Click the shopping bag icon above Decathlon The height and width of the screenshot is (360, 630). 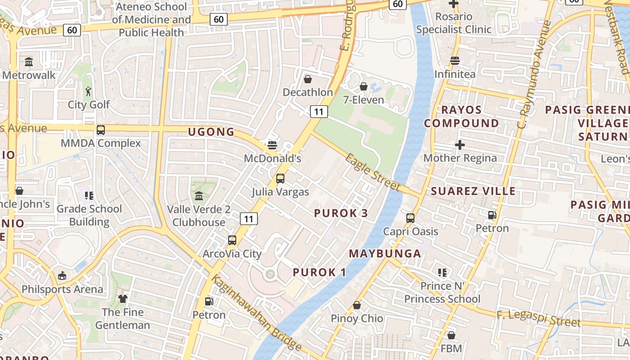coord(308,79)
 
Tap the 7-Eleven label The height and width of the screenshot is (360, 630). coord(364,99)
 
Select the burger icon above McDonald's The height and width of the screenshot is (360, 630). coord(272,145)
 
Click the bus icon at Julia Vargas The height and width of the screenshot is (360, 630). coord(280,179)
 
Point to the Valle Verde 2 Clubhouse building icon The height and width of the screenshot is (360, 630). coord(199,196)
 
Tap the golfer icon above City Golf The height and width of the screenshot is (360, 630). coord(89,92)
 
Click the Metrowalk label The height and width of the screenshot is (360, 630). coord(29,75)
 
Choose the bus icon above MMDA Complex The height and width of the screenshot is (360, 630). coord(101,130)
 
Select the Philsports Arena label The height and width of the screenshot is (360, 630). coord(62,289)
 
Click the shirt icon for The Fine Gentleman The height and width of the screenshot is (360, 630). coord(123,299)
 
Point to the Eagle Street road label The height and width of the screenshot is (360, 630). coord(373,172)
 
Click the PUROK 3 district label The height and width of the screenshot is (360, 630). coord(341,213)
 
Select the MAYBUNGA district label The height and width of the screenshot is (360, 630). coord(385,253)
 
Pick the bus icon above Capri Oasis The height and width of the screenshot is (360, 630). coord(410,218)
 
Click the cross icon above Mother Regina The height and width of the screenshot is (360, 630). coord(459,145)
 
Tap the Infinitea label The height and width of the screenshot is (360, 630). coord(454,74)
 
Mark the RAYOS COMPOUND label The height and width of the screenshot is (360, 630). coord(461,117)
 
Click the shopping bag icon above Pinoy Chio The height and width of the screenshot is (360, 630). coord(357,306)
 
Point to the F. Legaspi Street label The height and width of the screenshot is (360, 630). coord(539,319)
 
